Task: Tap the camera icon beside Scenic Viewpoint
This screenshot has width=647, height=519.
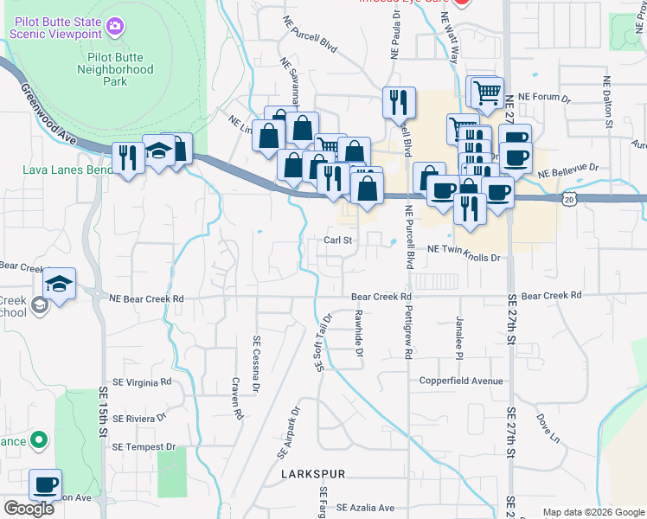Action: [x=114, y=28]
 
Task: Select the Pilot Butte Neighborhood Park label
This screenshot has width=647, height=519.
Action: [x=114, y=69]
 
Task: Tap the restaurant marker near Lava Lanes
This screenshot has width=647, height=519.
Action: [x=127, y=158]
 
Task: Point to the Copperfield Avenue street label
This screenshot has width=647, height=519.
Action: [x=461, y=381]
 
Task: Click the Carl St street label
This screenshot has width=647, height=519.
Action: [x=338, y=240]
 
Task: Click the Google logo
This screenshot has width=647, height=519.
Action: [x=29, y=509]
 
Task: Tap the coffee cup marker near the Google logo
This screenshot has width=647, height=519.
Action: [x=45, y=484]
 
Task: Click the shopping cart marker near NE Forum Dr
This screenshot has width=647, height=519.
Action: [x=487, y=92]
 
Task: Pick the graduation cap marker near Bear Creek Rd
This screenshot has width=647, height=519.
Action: [x=59, y=284]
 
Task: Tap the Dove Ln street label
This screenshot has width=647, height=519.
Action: [x=548, y=427]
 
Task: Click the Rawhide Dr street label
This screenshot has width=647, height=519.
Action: [x=358, y=334]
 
